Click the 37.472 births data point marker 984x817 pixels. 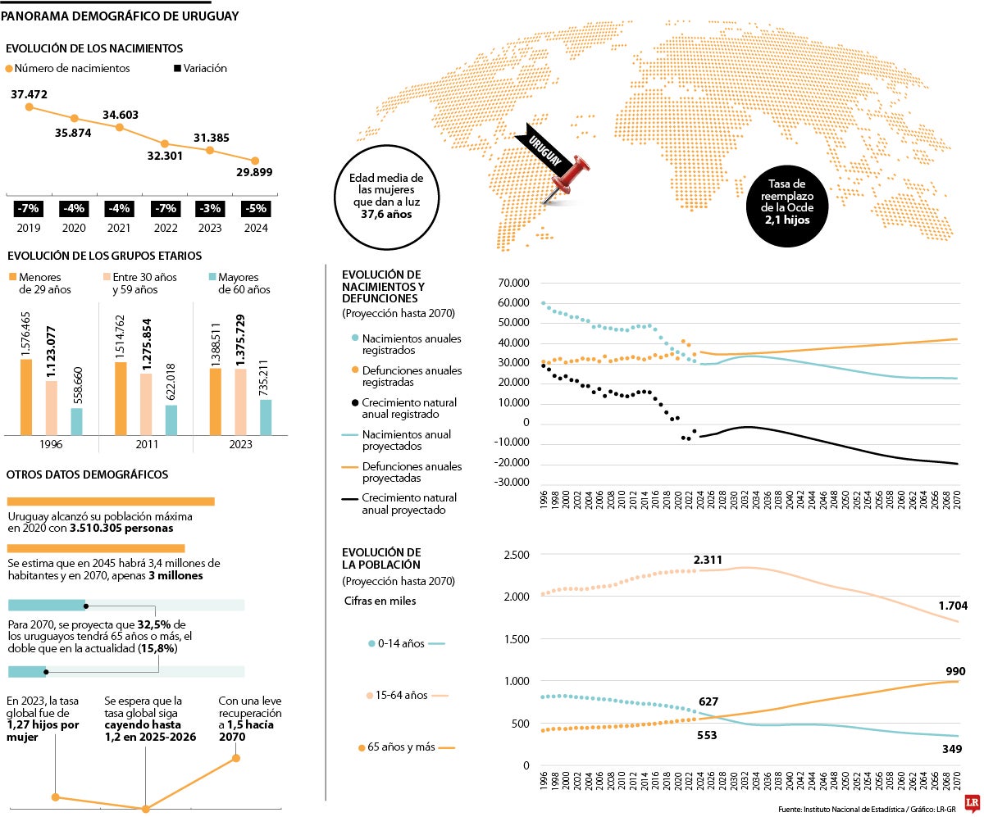[29, 107]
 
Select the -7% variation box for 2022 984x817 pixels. [164, 209]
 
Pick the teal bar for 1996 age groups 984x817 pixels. [76, 420]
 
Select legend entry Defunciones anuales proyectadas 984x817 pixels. [402, 472]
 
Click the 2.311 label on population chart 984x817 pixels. [708, 560]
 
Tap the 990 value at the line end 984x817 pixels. [955, 671]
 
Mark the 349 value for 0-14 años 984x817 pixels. [951, 749]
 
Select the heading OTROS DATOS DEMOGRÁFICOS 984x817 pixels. [87, 474]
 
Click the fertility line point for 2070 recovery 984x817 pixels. [236, 758]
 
